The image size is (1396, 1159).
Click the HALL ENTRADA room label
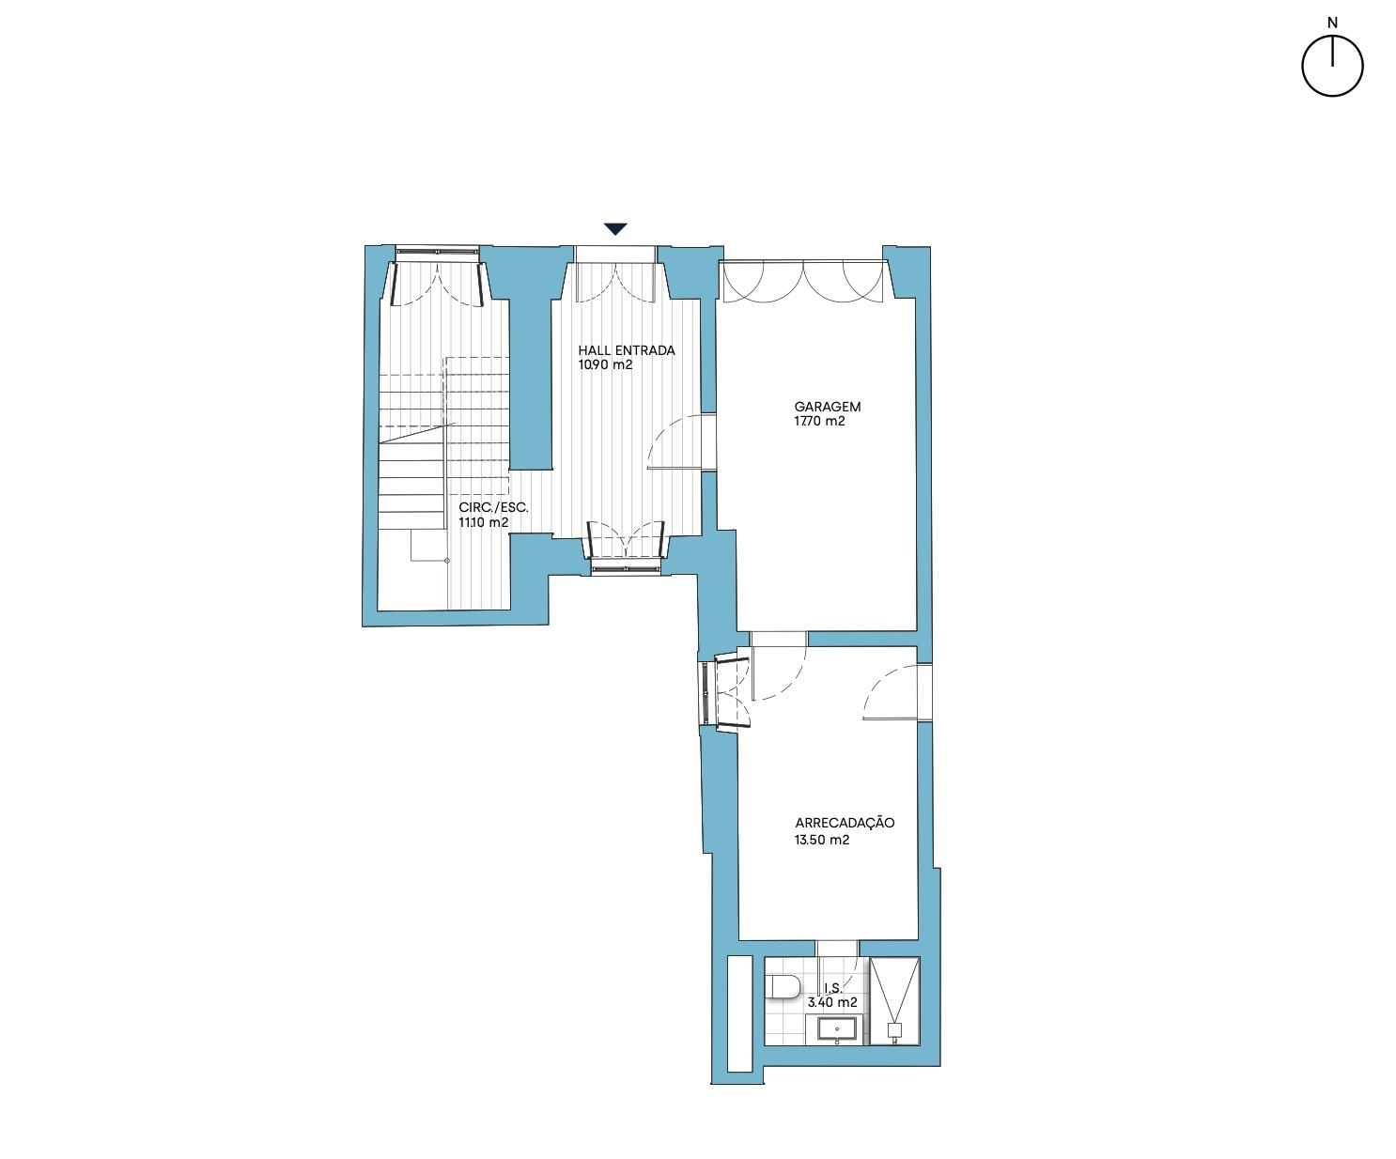[x=627, y=350]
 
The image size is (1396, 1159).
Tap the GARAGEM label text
[x=827, y=407]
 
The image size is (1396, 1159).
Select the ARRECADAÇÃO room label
[x=845, y=823]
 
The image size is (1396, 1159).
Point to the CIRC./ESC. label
[x=493, y=507]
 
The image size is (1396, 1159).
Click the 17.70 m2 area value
[x=819, y=421]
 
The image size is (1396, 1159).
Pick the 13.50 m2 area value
[x=822, y=840]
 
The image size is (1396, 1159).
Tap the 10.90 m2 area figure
[x=605, y=365]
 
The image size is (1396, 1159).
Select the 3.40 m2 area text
[x=832, y=1002]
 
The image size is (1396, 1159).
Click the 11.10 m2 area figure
[x=483, y=523]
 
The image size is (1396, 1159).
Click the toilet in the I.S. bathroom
[x=783, y=986]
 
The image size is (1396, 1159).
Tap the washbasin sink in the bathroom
[x=836, y=1029]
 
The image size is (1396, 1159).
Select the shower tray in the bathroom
[x=894, y=1001]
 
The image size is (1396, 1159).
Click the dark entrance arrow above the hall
[x=615, y=228]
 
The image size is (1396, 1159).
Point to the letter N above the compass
[x=1332, y=23]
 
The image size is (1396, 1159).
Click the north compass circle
[x=1332, y=66]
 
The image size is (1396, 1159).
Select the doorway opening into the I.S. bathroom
[x=836, y=948]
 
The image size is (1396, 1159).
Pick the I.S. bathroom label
[x=832, y=988]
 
